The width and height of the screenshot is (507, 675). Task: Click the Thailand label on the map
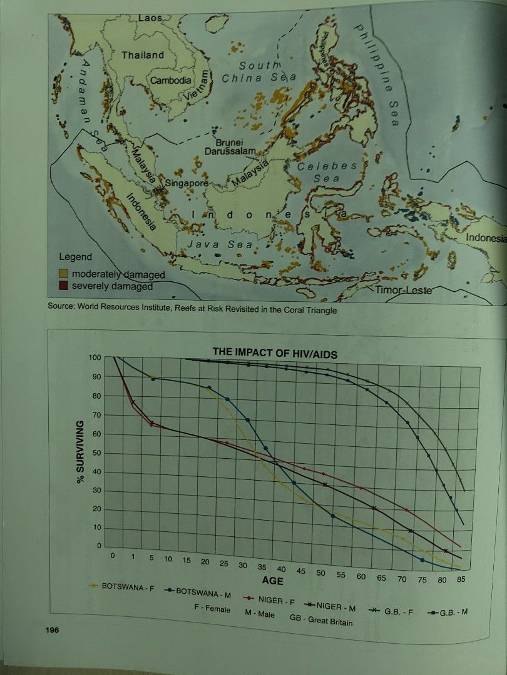(x=143, y=55)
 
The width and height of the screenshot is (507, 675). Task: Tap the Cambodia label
(x=170, y=81)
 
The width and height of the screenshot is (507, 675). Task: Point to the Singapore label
(x=186, y=184)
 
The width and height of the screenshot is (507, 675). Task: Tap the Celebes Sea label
(x=327, y=172)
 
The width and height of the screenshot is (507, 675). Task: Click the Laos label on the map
(x=150, y=19)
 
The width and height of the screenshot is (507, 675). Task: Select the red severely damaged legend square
(x=64, y=286)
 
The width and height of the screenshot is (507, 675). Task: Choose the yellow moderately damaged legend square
(x=64, y=274)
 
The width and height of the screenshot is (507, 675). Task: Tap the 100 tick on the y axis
(x=94, y=358)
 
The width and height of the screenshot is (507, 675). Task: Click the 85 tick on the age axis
(x=461, y=579)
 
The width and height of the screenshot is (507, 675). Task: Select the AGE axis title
(x=274, y=582)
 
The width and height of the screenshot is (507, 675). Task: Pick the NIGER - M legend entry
(x=335, y=606)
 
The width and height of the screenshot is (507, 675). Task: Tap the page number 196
(x=52, y=630)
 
